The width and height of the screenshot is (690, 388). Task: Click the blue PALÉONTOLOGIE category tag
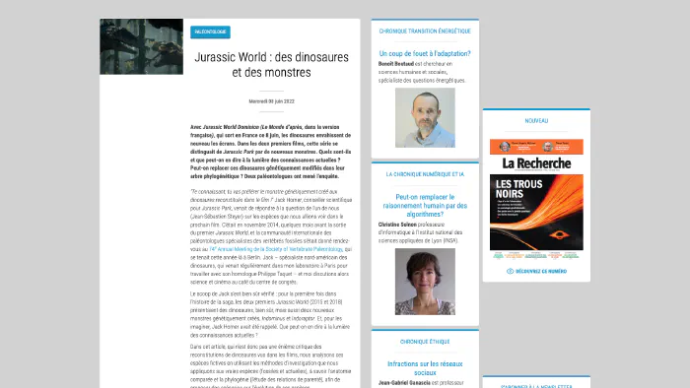[210, 32]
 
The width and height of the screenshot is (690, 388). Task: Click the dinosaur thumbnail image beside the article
[141, 46]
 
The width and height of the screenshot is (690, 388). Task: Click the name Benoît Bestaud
[399, 64]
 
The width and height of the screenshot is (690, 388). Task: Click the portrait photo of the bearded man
[425, 119]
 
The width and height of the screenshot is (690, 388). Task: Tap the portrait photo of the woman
[425, 282]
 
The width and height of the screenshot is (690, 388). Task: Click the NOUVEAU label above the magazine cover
[536, 120]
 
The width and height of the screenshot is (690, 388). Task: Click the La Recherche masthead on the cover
[536, 161]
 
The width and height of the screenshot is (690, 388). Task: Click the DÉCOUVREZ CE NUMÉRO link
[536, 271]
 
